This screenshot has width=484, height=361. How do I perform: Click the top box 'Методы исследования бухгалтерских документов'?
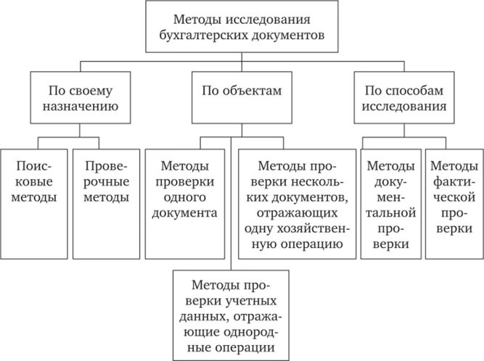(x=242, y=26)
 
